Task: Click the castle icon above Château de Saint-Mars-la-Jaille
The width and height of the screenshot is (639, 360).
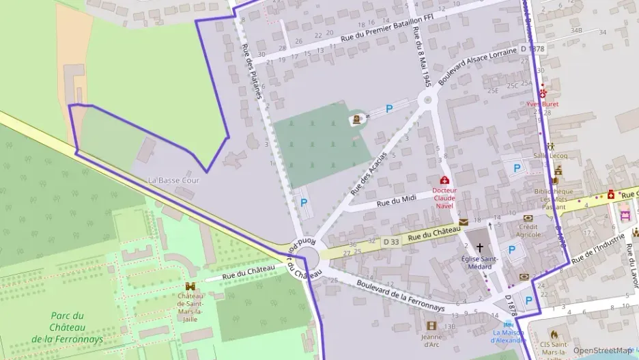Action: [x=190, y=287]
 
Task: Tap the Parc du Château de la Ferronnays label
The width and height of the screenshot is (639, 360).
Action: [x=68, y=327]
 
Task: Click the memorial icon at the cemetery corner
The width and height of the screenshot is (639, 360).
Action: [x=356, y=120]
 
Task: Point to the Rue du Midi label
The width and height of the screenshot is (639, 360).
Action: [x=397, y=201]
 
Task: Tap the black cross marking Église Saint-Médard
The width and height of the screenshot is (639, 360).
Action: [x=479, y=247]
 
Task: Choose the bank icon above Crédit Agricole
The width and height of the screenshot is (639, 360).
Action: [x=528, y=218]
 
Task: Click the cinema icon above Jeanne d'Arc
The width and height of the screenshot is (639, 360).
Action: [x=431, y=326]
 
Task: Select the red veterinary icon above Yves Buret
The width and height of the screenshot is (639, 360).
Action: [x=543, y=93]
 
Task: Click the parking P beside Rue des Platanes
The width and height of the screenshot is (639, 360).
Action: [x=303, y=202]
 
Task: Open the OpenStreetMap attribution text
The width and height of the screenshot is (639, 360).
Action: [x=601, y=350]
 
